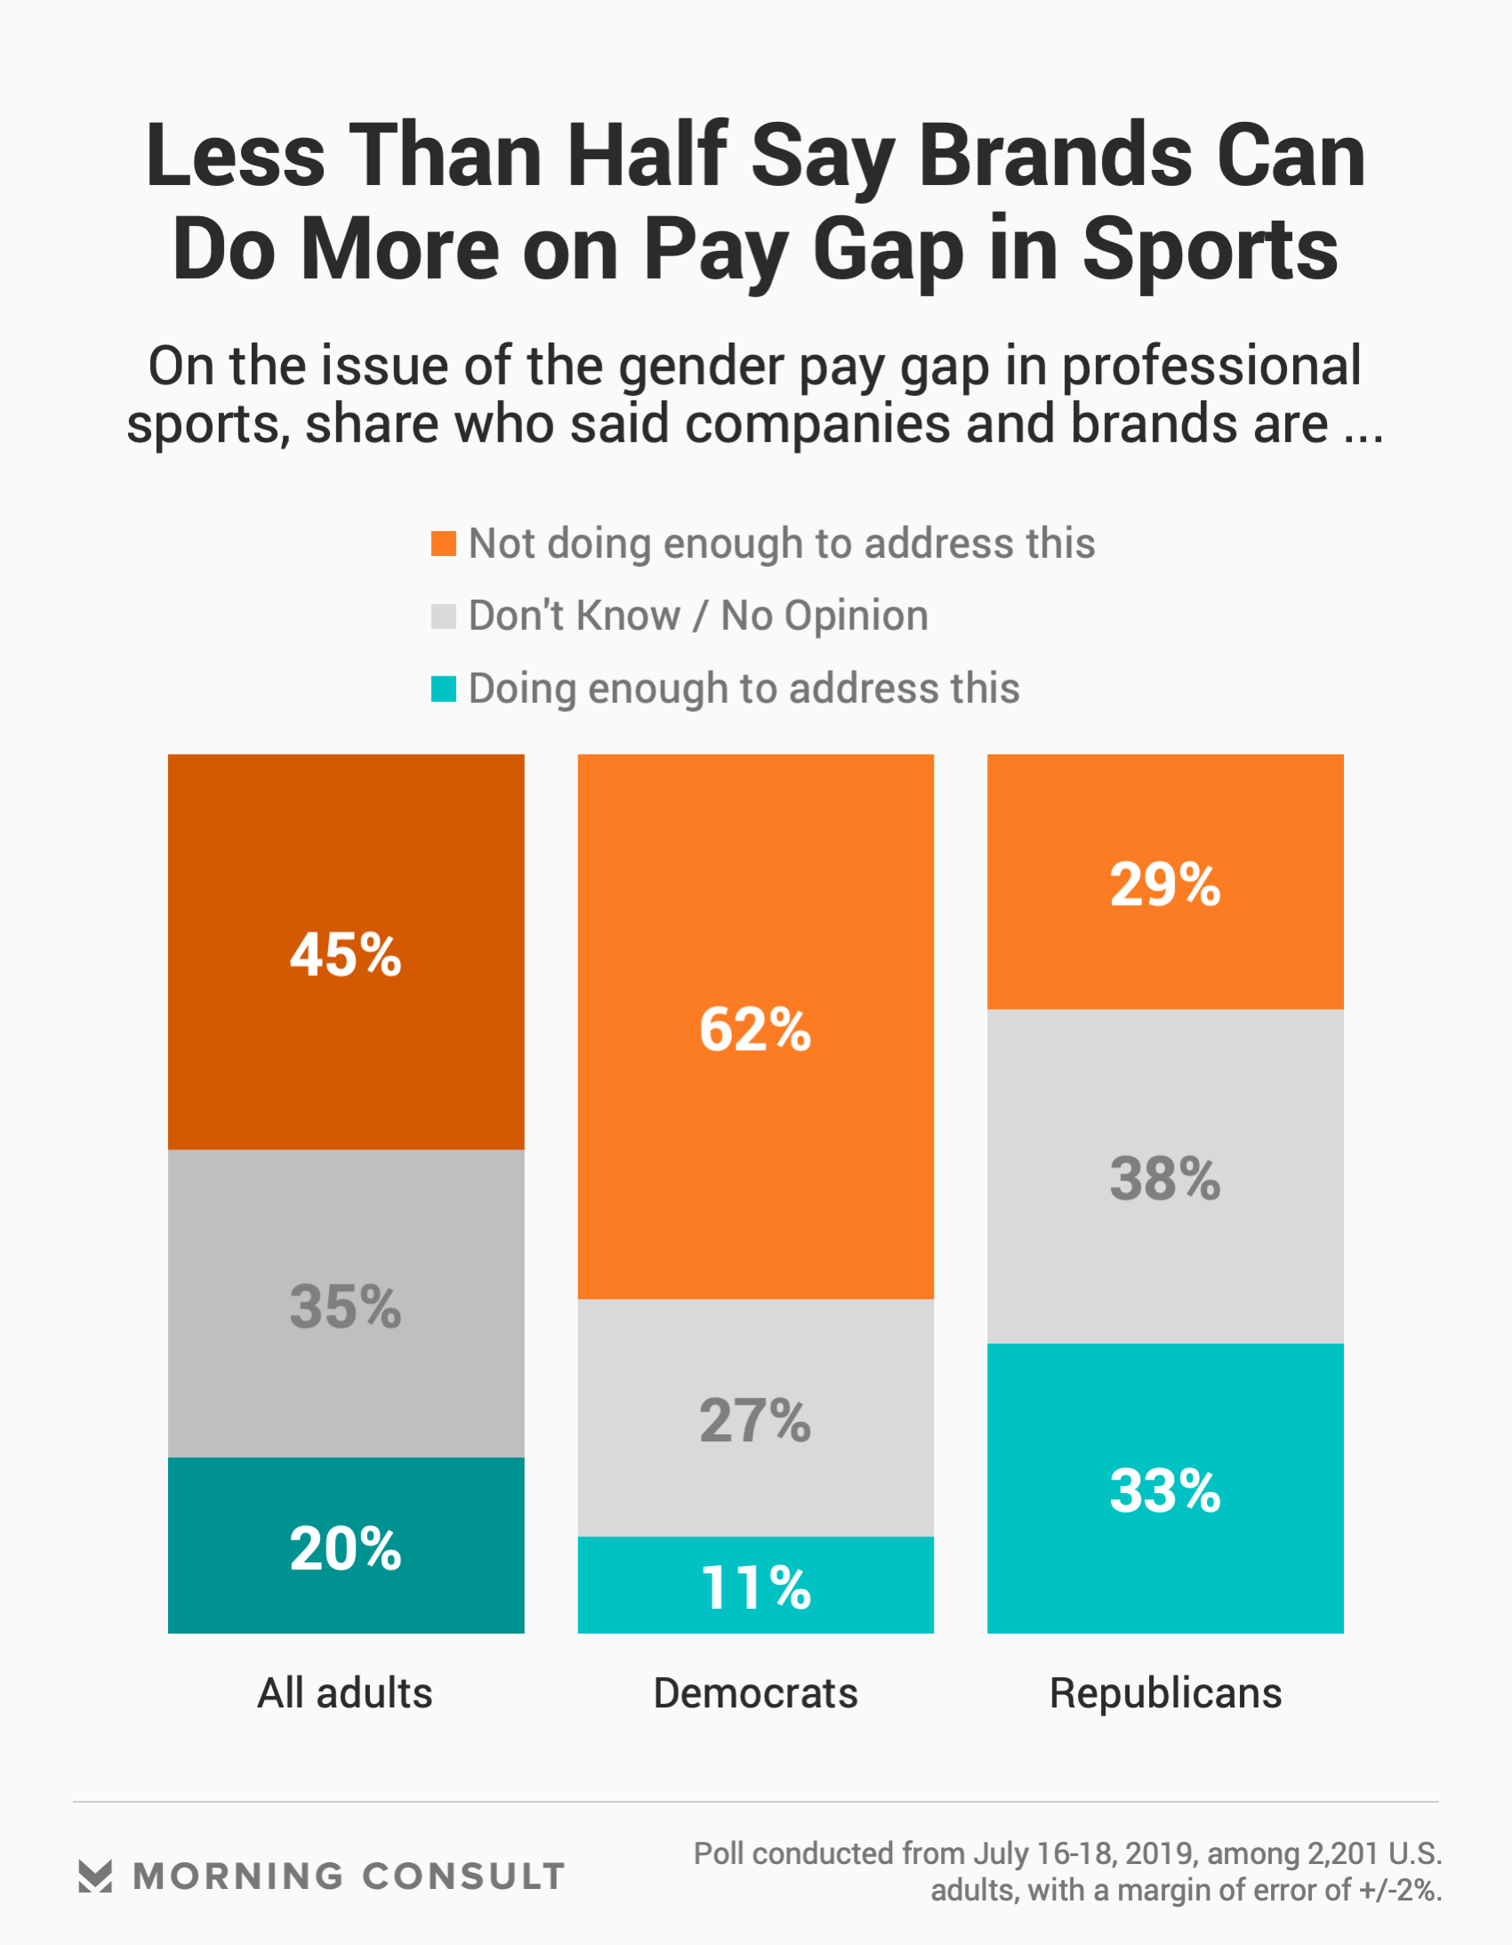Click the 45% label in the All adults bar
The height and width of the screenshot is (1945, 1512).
point(345,956)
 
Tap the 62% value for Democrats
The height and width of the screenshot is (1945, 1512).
point(755,1029)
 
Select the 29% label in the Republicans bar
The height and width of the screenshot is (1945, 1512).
point(1165,885)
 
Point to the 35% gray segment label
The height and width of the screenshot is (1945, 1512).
point(345,1307)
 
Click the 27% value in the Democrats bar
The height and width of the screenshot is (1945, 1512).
point(755,1420)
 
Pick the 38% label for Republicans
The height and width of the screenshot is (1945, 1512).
point(1165,1179)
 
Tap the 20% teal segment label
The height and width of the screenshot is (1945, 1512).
point(345,1549)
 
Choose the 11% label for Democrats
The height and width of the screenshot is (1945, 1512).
point(755,1588)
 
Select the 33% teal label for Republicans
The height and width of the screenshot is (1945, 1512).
point(1165,1491)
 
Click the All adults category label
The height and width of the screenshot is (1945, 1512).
point(344,1693)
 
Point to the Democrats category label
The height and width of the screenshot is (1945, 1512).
point(755,1693)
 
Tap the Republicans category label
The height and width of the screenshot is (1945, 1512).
point(1165,1693)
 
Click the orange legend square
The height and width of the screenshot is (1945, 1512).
point(444,544)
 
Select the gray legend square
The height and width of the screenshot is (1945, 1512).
point(444,617)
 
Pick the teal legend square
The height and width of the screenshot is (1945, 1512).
point(444,689)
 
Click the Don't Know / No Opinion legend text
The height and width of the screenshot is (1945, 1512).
point(698,617)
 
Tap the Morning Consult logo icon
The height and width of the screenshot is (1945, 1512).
point(95,1876)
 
